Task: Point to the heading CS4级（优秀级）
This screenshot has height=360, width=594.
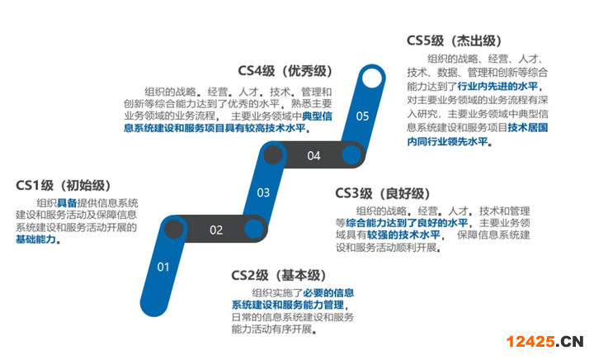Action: (285, 71)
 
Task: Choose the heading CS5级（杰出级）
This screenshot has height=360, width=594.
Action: (454, 40)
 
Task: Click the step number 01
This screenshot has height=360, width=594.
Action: (163, 266)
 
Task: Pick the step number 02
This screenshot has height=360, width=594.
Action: (215, 230)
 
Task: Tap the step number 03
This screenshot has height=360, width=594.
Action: (263, 193)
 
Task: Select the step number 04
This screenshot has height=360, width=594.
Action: (313, 155)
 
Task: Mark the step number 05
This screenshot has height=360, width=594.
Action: (362, 116)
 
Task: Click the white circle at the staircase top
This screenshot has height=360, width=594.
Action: (373, 78)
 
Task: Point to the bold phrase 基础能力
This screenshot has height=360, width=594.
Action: (38, 239)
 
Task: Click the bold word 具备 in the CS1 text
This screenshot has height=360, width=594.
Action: (67, 202)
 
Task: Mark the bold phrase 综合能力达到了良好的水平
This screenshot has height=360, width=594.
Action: (407, 222)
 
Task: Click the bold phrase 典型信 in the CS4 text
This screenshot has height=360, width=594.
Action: (317, 116)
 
